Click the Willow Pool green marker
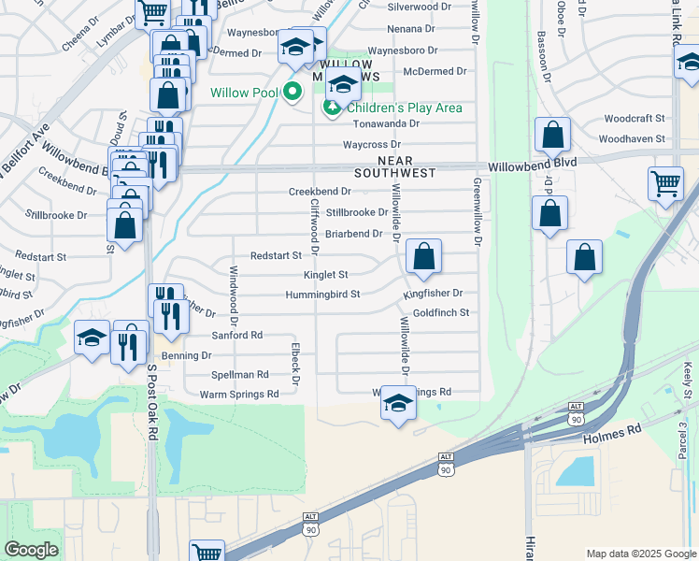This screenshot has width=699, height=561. click(292, 92)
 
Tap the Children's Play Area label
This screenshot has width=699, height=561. click(404, 108)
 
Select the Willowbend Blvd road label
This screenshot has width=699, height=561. click(533, 162)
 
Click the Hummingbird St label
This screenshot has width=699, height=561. click(323, 295)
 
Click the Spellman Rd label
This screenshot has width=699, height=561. click(240, 374)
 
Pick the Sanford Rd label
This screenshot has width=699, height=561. click(237, 335)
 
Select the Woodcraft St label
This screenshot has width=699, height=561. click(634, 119)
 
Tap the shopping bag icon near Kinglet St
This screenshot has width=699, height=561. click(423, 256)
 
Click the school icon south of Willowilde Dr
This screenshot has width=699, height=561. click(398, 405)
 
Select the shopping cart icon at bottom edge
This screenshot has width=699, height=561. click(207, 552)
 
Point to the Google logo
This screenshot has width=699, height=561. click(32, 550)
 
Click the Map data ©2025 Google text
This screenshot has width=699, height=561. click(640, 554)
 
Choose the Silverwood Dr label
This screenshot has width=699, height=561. click(418, 6)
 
